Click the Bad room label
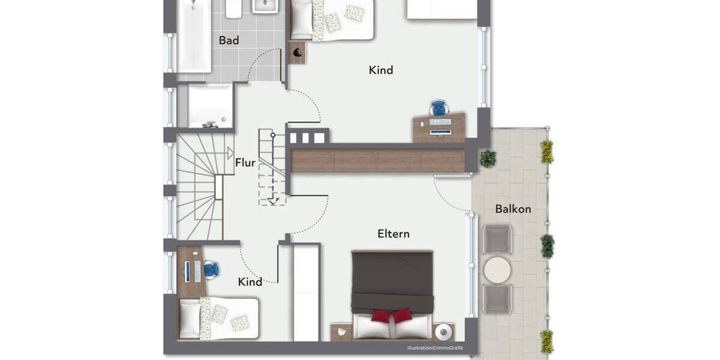[x=229, y=40]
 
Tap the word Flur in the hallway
[x=245, y=163]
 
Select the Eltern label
[x=393, y=233]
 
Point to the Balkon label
[x=512, y=209]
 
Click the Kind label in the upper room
[x=380, y=70]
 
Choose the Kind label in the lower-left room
[x=250, y=281]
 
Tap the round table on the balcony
[x=497, y=270]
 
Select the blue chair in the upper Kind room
[x=439, y=109]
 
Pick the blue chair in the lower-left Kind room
[x=211, y=269]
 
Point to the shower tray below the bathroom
[x=209, y=106]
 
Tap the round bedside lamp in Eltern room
[x=443, y=331]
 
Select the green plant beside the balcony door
[x=488, y=159]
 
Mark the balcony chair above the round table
[x=497, y=239]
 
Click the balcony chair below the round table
[x=497, y=298]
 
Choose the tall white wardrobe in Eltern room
[x=305, y=292]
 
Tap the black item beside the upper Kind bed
[x=298, y=53]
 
